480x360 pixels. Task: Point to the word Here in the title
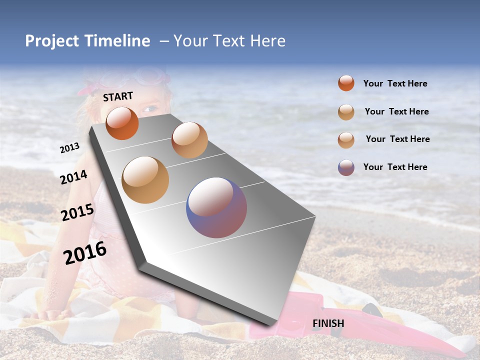[x=267, y=41]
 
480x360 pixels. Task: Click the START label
[x=118, y=96]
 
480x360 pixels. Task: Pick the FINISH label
[x=328, y=323]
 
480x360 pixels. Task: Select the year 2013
[x=69, y=148]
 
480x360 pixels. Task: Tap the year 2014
[x=73, y=177]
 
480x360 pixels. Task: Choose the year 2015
[x=77, y=212]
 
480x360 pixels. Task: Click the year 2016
[x=85, y=252]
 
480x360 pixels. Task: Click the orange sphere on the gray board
[x=122, y=123]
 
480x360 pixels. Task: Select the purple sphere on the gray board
[x=216, y=207]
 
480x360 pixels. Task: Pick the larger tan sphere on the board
[x=145, y=179]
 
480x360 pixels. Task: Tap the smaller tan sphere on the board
[x=189, y=140]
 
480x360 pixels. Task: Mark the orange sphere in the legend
[x=346, y=83]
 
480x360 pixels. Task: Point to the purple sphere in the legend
[x=346, y=167]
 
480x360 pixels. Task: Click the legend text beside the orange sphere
[x=395, y=83]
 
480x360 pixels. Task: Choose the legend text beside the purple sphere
[x=395, y=167]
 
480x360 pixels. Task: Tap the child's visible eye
[x=149, y=108]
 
